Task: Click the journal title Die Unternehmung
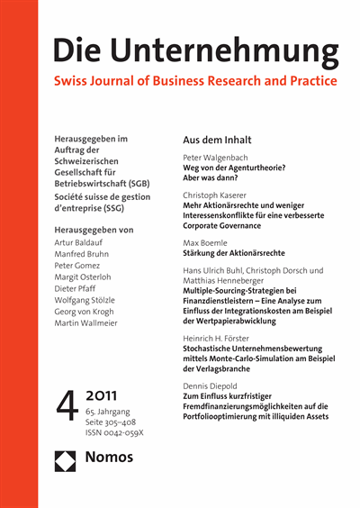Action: pyautogui.click(x=195, y=50)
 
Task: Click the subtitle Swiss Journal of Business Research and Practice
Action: pyautogui.click(x=195, y=81)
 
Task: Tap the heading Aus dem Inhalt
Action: pyautogui.click(x=217, y=141)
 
